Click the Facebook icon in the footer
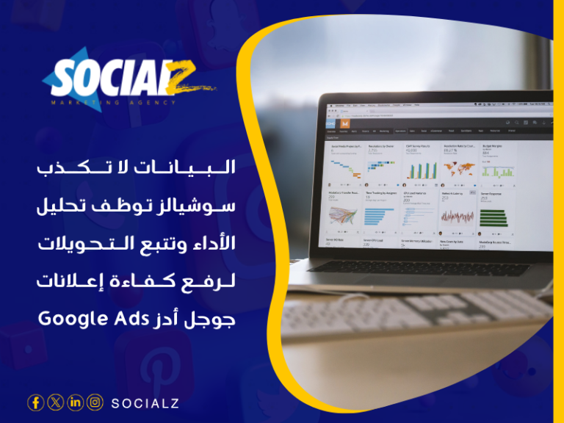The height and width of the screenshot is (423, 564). [35, 402]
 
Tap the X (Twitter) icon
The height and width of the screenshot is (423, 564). [55, 402]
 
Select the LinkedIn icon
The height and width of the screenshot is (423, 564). [75, 402]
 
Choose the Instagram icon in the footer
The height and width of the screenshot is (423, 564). [95, 402]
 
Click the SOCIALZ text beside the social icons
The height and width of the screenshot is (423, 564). [145, 403]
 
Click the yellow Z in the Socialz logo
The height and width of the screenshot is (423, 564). [187, 76]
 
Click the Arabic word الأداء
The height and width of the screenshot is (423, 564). [210, 243]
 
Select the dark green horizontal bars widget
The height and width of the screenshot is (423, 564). [493, 217]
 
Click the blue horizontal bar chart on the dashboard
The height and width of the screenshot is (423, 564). [382, 216]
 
